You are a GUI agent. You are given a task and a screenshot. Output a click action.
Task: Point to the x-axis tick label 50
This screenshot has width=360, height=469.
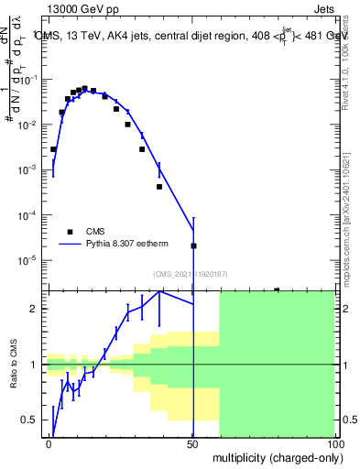click(x=193, y=444)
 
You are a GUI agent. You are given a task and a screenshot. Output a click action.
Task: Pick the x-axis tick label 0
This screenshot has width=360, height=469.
click(x=49, y=444)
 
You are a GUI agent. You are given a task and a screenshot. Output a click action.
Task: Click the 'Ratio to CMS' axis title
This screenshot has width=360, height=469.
click(x=15, y=364)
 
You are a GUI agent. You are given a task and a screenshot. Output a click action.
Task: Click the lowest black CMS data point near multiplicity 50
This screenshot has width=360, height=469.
click(x=193, y=245)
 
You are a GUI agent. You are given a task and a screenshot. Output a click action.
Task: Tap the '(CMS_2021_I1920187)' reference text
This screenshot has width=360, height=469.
click(x=190, y=273)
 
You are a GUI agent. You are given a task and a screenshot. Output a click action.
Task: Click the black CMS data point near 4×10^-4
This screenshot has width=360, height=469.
click(x=159, y=187)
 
